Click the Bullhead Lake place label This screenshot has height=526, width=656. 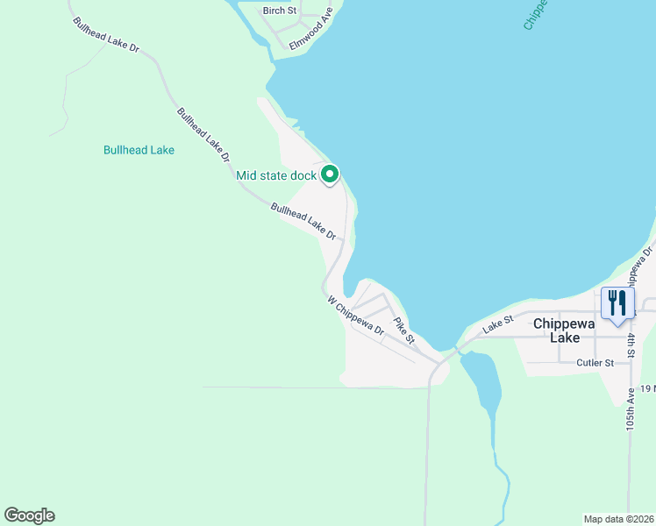[139, 150]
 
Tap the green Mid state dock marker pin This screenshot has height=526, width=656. [330, 175]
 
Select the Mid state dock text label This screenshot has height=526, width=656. [276, 175]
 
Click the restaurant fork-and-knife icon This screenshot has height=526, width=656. [617, 303]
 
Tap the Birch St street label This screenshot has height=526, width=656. [281, 11]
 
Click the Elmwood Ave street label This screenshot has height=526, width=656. [312, 28]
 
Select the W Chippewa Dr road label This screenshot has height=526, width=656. [356, 316]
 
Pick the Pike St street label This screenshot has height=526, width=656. [403, 330]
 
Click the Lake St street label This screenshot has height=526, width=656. [497, 324]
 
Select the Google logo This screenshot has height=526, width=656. [29, 515]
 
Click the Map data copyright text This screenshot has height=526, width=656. [618, 518]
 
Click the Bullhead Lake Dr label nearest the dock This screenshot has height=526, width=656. [303, 222]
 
